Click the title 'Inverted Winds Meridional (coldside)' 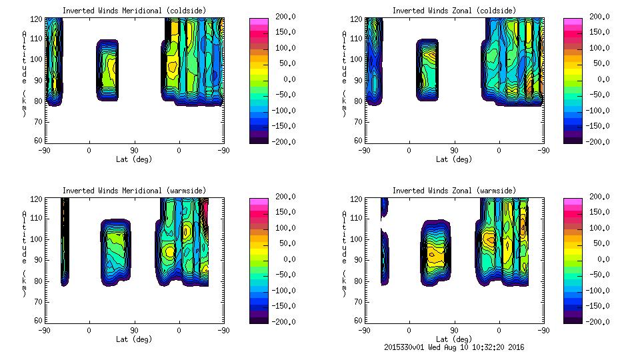pos(134,11)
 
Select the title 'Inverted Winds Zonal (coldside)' pos(455,11)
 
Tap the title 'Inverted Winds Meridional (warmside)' pos(134,191)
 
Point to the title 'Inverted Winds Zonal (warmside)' pos(455,191)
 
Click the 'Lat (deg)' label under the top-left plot pos(134,159)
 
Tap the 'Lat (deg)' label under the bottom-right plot pos(455,339)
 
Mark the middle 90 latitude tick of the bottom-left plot pos(134,330)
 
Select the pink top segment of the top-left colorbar pos(259,23)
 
